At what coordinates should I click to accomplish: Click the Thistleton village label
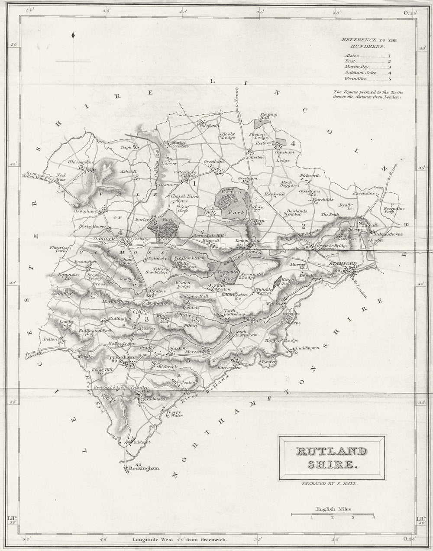point(207,126)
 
